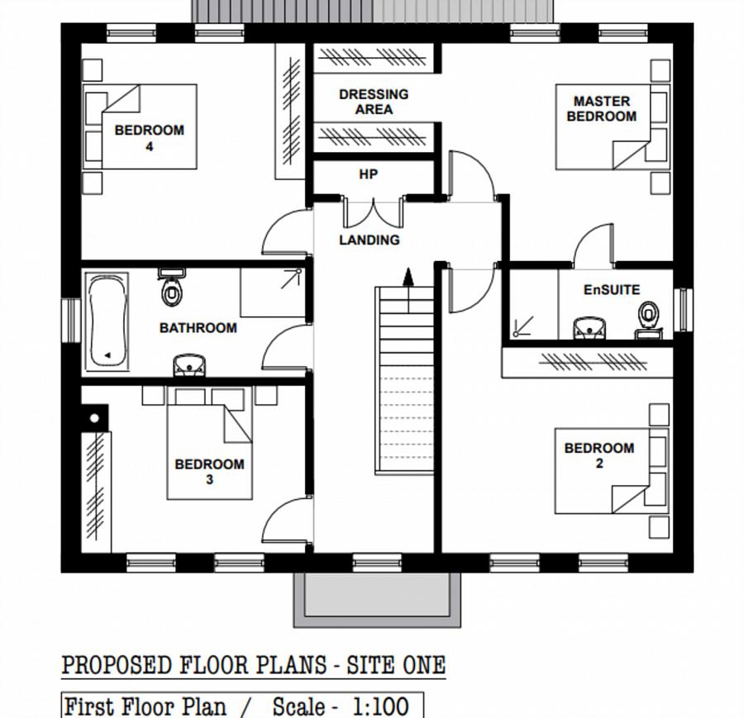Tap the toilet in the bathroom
click(171, 287)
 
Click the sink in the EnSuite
click(589, 328)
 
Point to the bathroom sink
click(189, 364)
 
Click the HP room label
click(368, 174)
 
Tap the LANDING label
click(370, 240)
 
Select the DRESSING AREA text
click(374, 102)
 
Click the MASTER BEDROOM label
click(602, 108)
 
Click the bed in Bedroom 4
click(140, 126)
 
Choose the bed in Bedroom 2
click(612, 471)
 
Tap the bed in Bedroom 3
click(209, 444)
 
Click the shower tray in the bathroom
click(273, 293)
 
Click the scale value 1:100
click(380, 706)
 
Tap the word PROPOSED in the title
click(117, 665)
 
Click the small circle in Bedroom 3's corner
click(94, 418)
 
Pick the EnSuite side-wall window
click(683, 310)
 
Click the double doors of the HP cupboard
click(374, 212)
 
